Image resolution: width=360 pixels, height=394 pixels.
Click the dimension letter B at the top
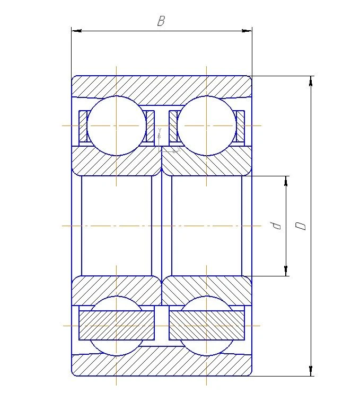pyautogui.click(x=161, y=21)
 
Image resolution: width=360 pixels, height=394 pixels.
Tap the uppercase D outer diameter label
pyautogui.click(x=301, y=226)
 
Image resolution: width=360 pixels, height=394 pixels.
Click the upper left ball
pyautogui.click(x=117, y=126)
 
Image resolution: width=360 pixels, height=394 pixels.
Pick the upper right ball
pyautogui.click(x=206, y=126)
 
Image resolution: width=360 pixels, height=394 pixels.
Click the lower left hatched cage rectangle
pyautogui.click(x=117, y=325)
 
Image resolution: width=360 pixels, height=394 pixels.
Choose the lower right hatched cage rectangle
pyautogui.click(x=206, y=325)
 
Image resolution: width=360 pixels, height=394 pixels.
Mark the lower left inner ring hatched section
pyautogui.click(x=117, y=290)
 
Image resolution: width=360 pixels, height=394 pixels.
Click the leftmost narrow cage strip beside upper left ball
pyautogui.click(x=83, y=127)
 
